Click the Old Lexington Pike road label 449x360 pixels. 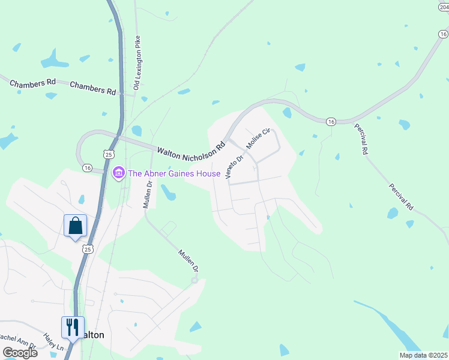(137, 63)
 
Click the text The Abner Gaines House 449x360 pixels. (175, 174)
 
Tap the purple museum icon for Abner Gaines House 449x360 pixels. (118, 174)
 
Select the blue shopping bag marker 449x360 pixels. (75, 226)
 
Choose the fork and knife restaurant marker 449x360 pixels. (73, 328)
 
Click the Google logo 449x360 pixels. (19, 353)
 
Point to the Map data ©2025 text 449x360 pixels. (423, 355)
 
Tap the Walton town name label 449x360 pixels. (92, 335)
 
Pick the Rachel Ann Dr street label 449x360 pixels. (18, 340)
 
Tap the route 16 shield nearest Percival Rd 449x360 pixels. (331, 122)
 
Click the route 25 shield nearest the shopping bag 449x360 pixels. (88, 249)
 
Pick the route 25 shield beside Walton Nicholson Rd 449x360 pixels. (107, 155)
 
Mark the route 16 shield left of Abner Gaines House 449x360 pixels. (88, 168)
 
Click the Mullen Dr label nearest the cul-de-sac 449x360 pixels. (186, 262)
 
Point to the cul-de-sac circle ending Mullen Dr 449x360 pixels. (194, 280)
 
